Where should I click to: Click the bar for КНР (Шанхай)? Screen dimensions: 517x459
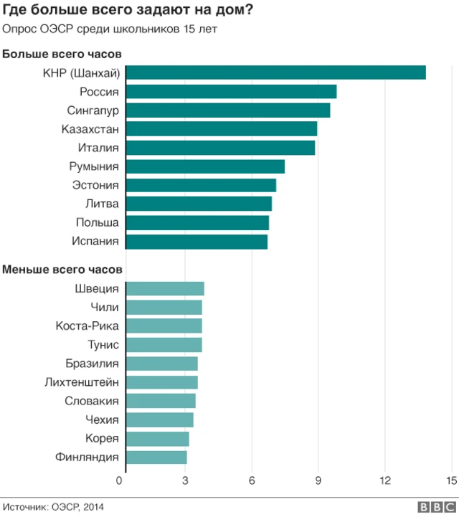point(275,73)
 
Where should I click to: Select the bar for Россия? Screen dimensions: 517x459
point(231,92)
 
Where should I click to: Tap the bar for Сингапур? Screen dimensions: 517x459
point(228,110)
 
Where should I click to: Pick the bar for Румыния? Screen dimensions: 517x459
point(205,166)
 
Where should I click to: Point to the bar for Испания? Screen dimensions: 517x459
point(197,241)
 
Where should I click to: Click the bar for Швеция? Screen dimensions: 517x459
point(165,289)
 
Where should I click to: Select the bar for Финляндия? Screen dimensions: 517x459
point(156,457)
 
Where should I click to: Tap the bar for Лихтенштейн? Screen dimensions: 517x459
point(161,382)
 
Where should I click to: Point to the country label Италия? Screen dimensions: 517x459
point(98,148)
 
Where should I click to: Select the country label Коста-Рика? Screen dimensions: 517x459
point(87,326)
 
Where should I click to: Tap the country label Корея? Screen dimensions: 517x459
point(101,438)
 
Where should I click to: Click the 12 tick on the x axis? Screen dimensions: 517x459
point(385,480)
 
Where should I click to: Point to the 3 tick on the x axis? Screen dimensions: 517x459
point(185,480)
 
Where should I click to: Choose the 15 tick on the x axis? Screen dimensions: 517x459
point(451,480)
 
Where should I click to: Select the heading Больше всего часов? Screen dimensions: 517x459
point(62,54)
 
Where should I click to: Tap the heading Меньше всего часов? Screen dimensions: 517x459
point(62,270)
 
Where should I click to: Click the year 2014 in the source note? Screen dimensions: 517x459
point(93,506)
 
